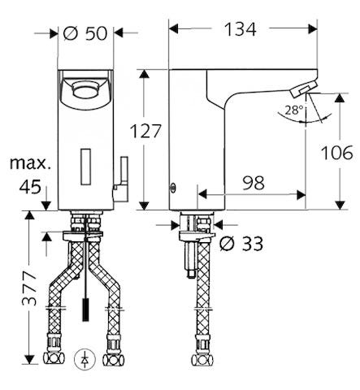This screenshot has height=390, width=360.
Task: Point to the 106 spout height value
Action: click(336, 153)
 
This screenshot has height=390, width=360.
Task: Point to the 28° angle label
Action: click(294, 109)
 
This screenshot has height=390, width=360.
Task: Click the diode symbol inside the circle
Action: click(87, 357)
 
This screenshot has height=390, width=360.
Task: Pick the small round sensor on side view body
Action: click(171, 188)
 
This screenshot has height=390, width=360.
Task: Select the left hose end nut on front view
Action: click(56, 358)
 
